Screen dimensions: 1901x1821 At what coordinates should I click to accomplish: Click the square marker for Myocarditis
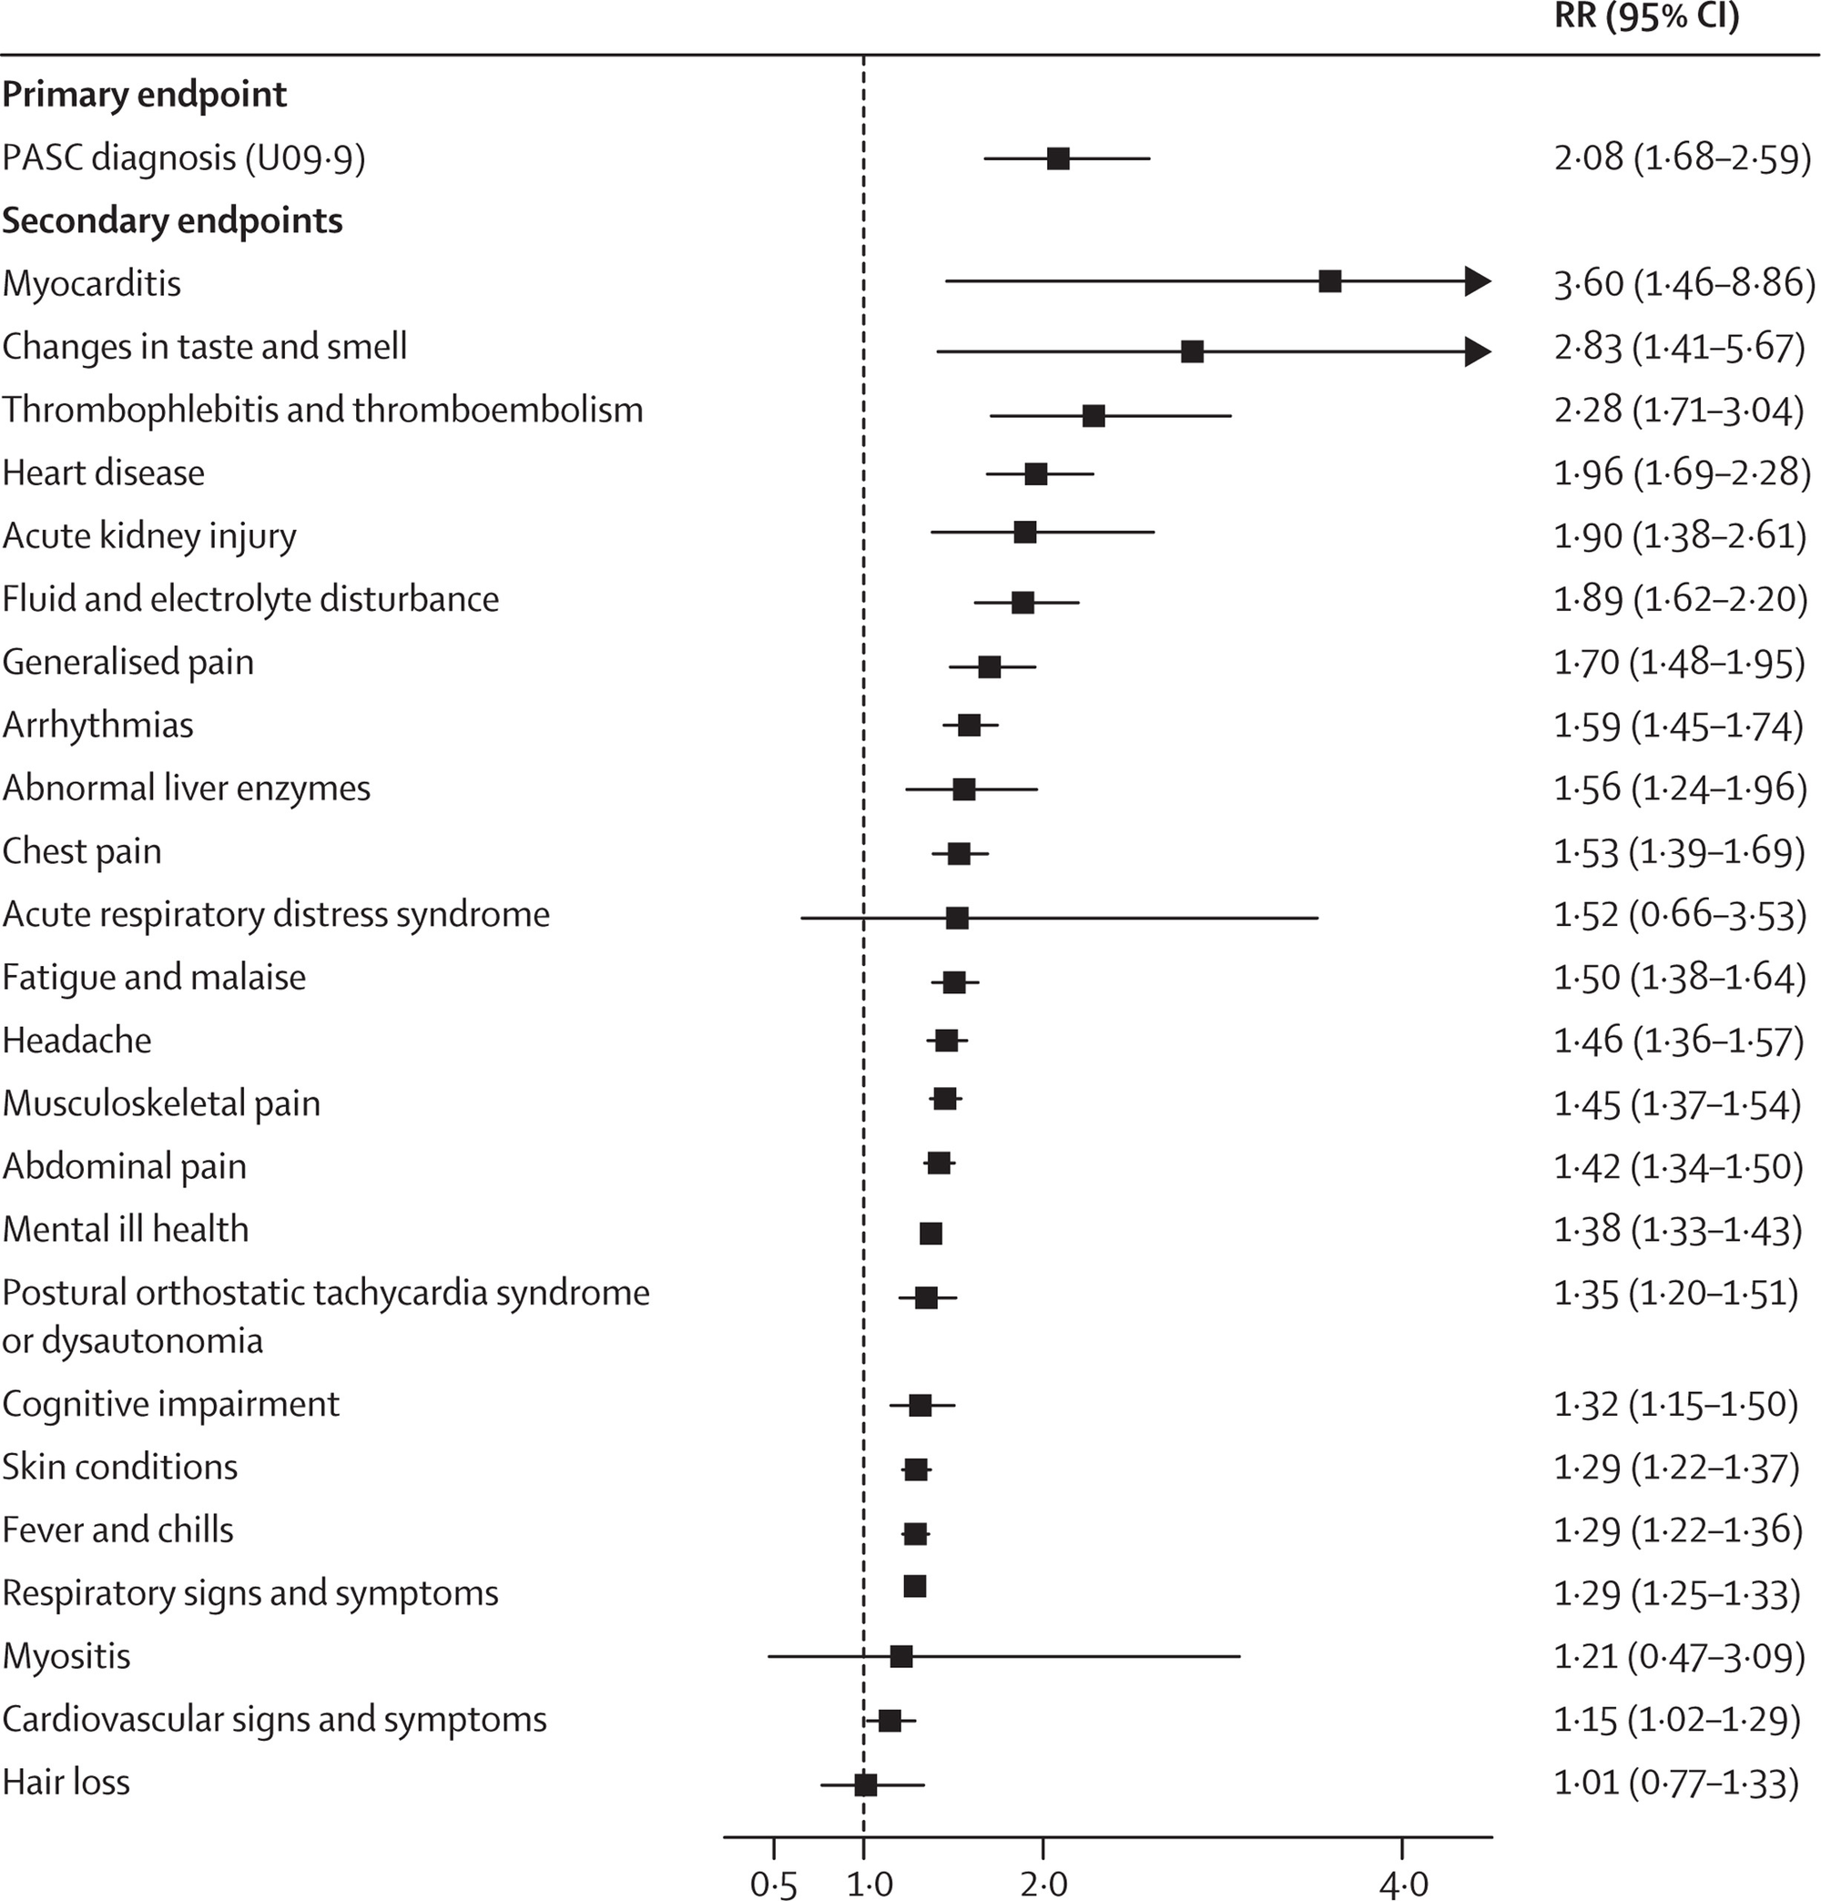1330,281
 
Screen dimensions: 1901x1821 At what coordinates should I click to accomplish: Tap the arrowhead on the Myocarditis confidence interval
1478,281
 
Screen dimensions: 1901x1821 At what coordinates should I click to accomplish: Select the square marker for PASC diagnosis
1058,158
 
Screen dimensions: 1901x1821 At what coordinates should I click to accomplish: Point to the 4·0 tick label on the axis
1402,1883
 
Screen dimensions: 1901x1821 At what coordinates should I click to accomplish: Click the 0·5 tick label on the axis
773,1883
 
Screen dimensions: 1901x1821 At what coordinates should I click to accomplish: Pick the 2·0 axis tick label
1043,1883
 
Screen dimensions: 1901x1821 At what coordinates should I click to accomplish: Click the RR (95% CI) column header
1646,17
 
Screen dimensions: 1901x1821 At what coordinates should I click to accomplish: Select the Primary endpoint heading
145,95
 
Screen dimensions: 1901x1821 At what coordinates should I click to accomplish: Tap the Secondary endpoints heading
173,221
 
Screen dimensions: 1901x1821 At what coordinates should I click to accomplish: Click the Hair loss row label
66,1782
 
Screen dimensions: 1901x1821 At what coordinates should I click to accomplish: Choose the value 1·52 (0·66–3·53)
1680,915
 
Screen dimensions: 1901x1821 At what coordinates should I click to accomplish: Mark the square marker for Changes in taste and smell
1193,351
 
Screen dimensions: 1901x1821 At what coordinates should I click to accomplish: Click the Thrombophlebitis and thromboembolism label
322,411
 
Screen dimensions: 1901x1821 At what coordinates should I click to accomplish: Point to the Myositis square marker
901,1655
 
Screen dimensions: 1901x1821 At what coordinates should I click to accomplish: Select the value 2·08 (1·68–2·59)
1683,158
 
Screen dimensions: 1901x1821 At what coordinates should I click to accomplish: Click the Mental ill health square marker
931,1234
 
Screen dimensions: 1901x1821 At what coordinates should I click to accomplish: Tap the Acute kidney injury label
149,536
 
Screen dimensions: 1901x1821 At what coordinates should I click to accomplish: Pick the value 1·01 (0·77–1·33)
1676,1782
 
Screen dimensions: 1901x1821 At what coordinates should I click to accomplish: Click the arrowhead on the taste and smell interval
1478,351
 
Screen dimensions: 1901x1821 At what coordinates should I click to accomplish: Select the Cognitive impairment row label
171,1403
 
